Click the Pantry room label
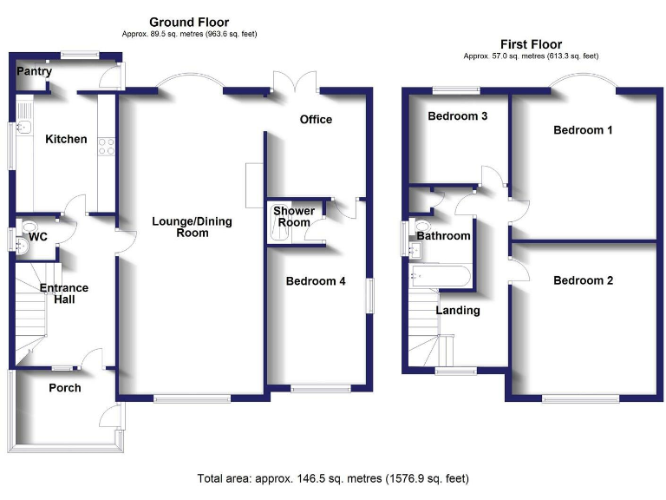pyautogui.click(x=34, y=72)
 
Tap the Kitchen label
pyautogui.click(x=66, y=139)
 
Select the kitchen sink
pyautogui.click(x=23, y=129)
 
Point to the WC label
pyautogui.click(x=38, y=236)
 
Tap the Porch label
pyautogui.click(x=65, y=388)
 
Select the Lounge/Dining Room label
pyautogui.click(x=192, y=227)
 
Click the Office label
pyautogui.click(x=316, y=119)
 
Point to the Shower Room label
pyautogui.click(x=292, y=216)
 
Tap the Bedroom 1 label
pyautogui.click(x=584, y=130)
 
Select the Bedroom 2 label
pyautogui.click(x=584, y=280)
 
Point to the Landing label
pyautogui.click(x=457, y=310)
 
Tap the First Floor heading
pyautogui.click(x=531, y=44)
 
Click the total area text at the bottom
pyautogui.click(x=334, y=478)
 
